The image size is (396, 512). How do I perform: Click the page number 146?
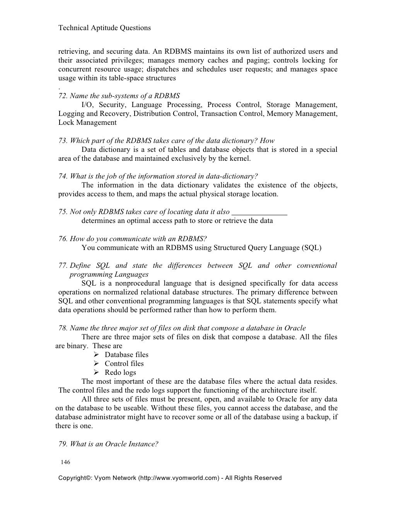coord(65,462)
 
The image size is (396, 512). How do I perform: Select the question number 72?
coord(63,96)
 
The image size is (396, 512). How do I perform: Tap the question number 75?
coord(63,212)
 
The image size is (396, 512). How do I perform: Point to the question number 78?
coord(63,328)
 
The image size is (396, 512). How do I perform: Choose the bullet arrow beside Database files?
coord(97,355)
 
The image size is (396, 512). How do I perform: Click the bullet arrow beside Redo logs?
coord(97,373)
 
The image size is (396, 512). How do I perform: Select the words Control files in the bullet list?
coord(124,364)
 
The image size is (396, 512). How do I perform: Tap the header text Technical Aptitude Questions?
coord(104,28)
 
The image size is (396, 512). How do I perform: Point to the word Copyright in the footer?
coord(73,478)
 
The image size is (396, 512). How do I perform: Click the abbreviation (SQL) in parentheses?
coord(311,248)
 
